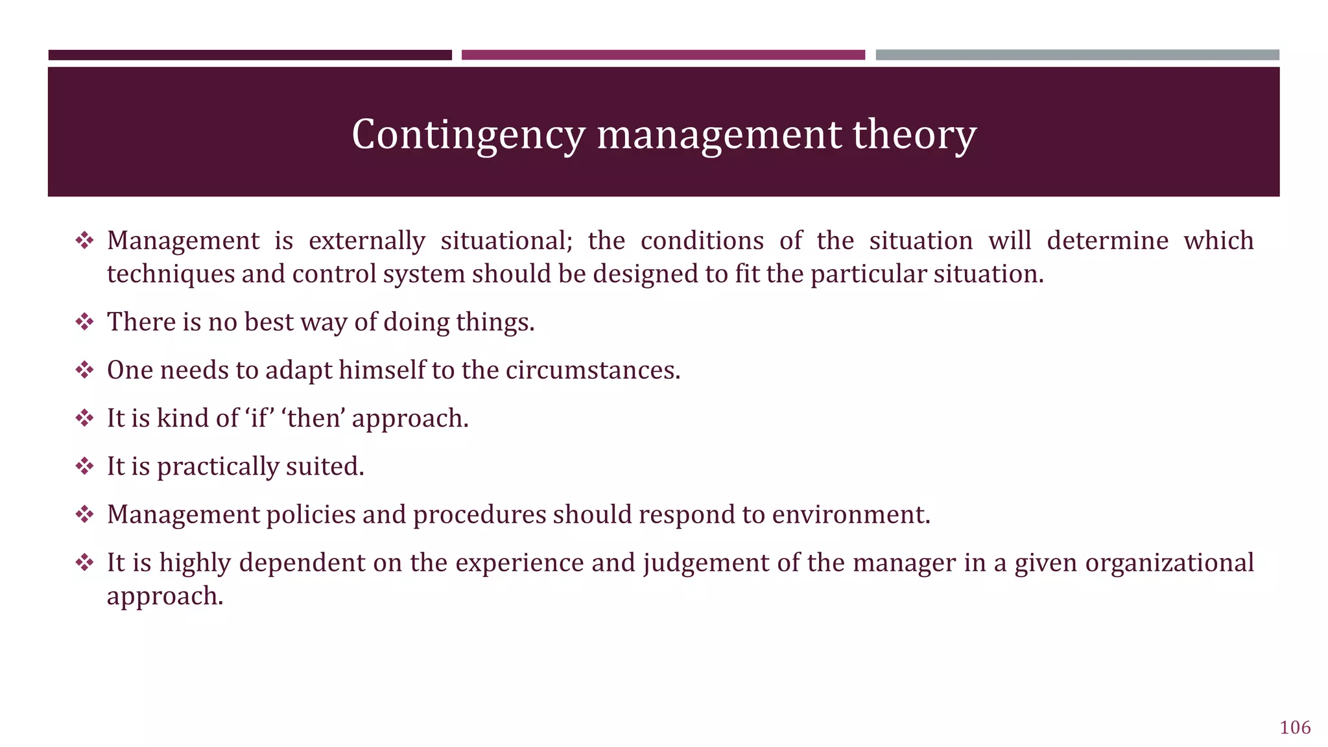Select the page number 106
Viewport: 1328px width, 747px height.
[x=1295, y=728]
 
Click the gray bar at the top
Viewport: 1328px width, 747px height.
[x=1077, y=55]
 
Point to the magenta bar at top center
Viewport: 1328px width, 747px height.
[x=663, y=55]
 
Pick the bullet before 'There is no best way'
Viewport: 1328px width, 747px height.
[x=84, y=322]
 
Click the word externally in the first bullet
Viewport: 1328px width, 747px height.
[x=366, y=241]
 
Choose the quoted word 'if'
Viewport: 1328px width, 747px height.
[x=258, y=418]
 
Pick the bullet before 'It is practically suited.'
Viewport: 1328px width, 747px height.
[x=84, y=466]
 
